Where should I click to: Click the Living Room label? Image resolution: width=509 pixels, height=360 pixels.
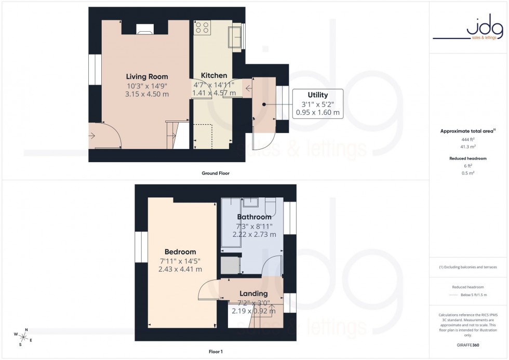(x=147, y=76)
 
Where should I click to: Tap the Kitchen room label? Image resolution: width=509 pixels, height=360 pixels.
(x=214, y=76)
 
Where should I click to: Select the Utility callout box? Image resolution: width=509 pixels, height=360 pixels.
(x=318, y=103)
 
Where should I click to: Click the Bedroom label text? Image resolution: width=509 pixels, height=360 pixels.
(x=181, y=252)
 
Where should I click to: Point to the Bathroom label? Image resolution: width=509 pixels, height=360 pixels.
(x=254, y=217)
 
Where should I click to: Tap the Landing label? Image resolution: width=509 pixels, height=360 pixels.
(x=253, y=294)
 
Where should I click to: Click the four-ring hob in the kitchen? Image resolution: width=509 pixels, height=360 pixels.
(x=202, y=27)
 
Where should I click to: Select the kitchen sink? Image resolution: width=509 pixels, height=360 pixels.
(x=234, y=36)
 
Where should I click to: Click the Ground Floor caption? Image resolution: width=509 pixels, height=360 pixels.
(x=216, y=173)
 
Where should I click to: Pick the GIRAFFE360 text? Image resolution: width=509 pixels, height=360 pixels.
(x=468, y=344)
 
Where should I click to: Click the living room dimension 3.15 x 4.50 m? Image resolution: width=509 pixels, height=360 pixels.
(x=147, y=94)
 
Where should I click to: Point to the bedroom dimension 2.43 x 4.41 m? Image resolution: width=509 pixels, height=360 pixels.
(x=181, y=269)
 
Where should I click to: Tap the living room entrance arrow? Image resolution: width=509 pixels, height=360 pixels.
(x=92, y=136)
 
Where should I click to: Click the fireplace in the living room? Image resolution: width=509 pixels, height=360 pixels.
(x=144, y=30)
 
